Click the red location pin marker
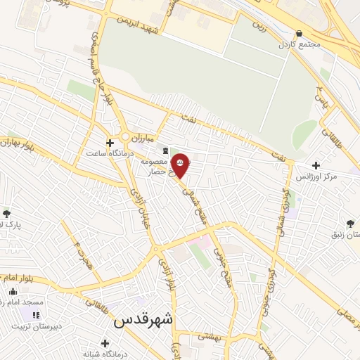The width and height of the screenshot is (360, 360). [x=181, y=165]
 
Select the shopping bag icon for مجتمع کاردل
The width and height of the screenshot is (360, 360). [x=300, y=32]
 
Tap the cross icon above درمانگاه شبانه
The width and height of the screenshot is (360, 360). [x=105, y=343]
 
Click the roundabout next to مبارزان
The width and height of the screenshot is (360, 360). [x=126, y=136]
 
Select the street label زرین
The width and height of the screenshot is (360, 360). [x=260, y=30]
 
